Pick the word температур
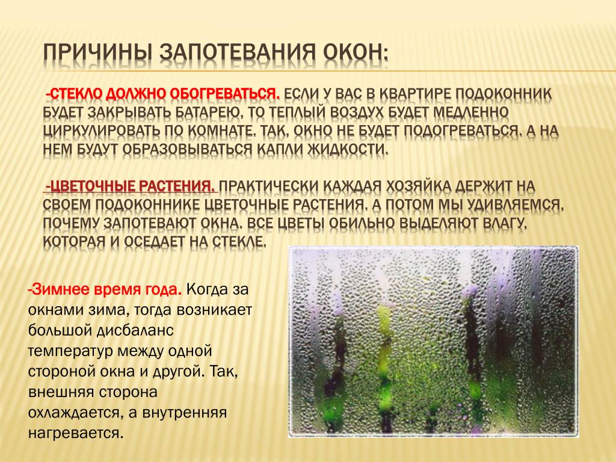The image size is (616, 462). pyautogui.click(x=65, y=351)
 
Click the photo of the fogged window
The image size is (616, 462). pyautogui.click(x=434, y=342)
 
